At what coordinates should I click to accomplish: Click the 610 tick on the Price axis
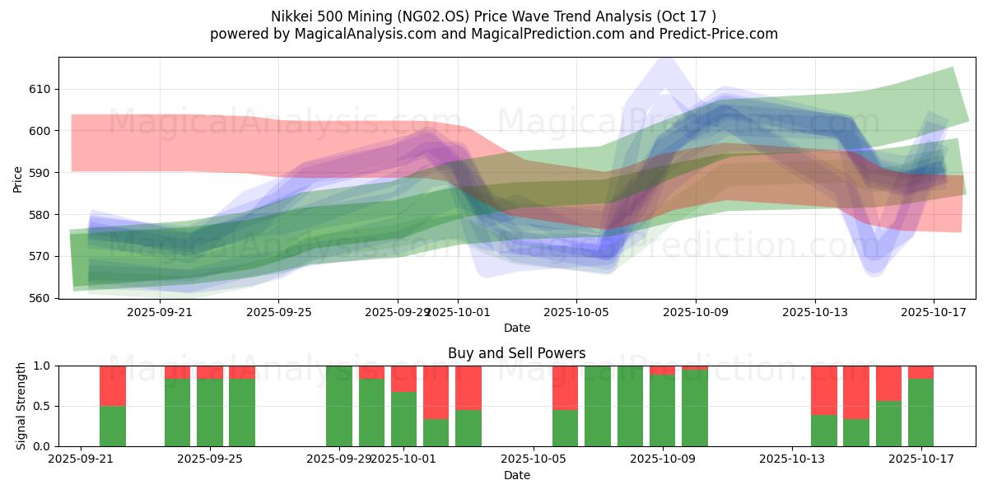pos(39,89)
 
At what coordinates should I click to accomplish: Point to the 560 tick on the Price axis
pos(39,298)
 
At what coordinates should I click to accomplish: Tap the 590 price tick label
pos(39,173)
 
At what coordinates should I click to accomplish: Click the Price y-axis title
pos(18,178)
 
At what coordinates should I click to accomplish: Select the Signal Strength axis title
pos(21,406)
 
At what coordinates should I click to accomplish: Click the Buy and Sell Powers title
pos(516,353)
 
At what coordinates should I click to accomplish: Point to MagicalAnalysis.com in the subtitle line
pos(359,34)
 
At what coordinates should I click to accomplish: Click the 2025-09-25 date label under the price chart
pos(278,313)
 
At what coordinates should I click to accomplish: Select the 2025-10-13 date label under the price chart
pos(814,313)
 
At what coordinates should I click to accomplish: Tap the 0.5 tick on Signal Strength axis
pos(40,406)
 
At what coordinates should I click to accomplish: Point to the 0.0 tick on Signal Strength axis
pos(40,446)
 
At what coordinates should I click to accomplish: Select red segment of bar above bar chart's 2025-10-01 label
pos(403,379)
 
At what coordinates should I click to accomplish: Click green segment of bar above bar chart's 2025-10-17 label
pos(920,412)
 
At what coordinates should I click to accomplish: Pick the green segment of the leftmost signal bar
pos(113,426)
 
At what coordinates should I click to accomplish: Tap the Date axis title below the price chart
pos(516,328)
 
